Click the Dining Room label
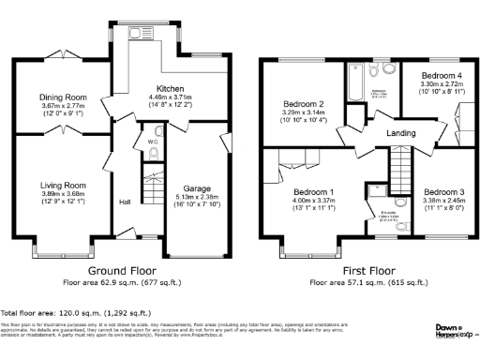point(63,97)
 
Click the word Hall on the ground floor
point(124,202)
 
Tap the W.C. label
point(151,144)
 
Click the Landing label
point(399,134)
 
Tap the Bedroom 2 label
point(305,104)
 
